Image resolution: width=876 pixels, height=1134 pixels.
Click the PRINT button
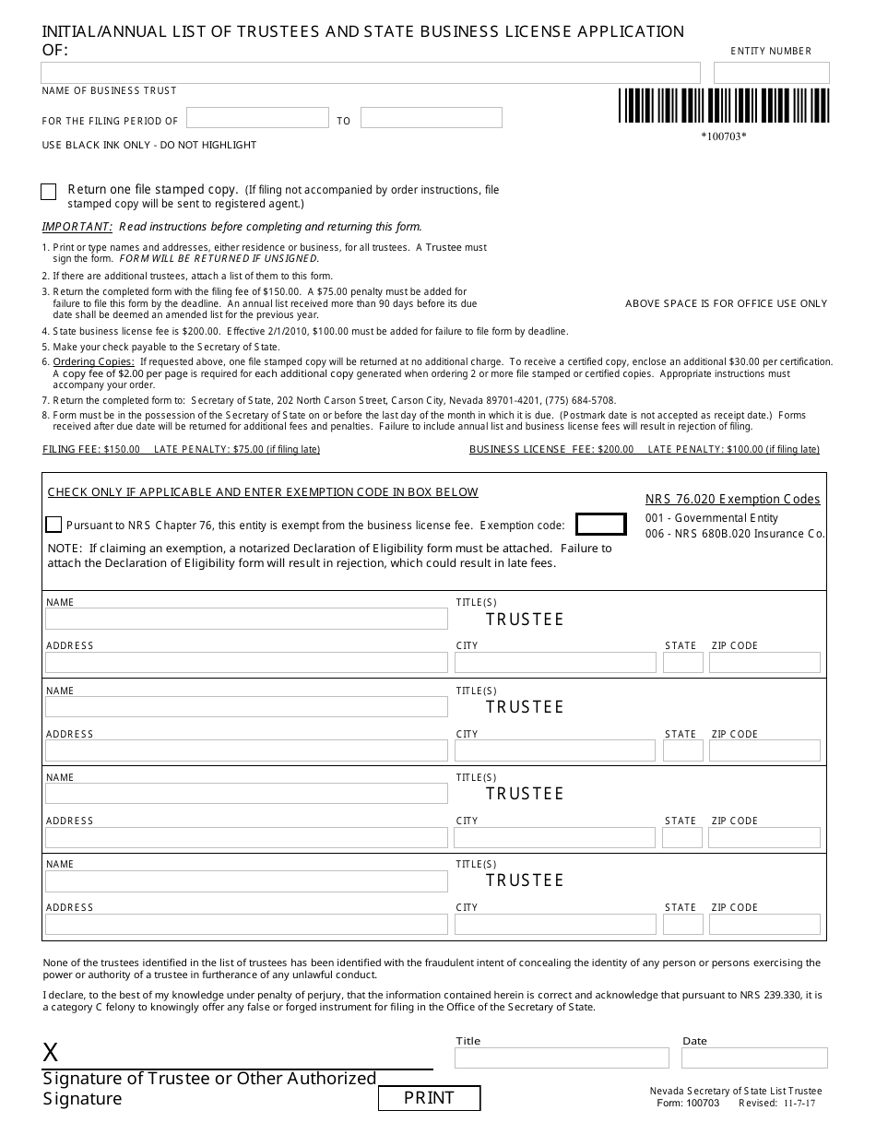tap(429, 1098)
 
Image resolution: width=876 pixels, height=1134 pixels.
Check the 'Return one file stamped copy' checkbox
tap(49, 192)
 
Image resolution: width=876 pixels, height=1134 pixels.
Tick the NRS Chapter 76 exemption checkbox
tap(53, 525)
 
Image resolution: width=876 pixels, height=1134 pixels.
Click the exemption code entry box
tap(600, 525)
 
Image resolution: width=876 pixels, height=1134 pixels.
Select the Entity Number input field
tap(771, 73)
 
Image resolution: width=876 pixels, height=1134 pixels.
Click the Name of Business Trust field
tap(371, 73)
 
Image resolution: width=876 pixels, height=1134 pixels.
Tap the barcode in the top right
tap(723, 106)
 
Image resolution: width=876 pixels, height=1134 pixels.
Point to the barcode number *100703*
tap(723, 137)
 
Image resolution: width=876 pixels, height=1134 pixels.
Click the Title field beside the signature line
tap(562, 1057)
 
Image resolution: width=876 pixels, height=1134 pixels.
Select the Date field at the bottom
tap(754, 1057)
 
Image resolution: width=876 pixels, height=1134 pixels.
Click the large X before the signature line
tap(51, 1053)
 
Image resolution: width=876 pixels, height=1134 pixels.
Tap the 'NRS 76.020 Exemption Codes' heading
tap(732, 500)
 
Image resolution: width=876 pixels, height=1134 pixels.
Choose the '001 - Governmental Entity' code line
tap(711, 518)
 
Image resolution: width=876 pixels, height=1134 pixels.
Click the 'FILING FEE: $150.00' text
tap(91, 450)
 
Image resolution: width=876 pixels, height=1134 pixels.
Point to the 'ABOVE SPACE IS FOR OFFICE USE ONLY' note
tap(726, 304)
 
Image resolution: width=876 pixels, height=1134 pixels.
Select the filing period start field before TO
tap(257, 118)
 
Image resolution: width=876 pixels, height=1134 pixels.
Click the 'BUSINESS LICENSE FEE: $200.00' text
tap(551, 450)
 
